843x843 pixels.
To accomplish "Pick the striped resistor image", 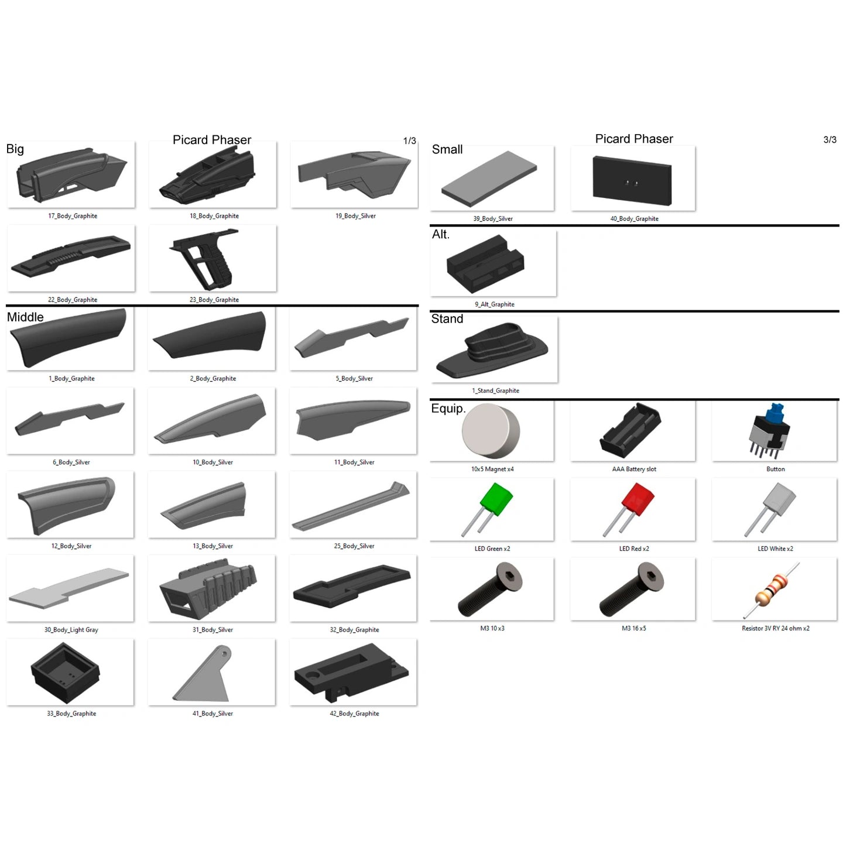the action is (771, 590).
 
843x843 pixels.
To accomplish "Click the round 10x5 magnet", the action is (491, 430).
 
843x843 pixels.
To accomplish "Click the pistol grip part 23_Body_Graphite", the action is (205, 259).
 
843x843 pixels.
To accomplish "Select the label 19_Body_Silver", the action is (355, 215).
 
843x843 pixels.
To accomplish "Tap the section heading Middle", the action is (25, 317).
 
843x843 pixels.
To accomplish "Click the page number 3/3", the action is (830, 139).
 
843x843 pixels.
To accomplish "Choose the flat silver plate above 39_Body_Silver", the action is (489, 179).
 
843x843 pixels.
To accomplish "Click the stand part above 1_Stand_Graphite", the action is (492, 350).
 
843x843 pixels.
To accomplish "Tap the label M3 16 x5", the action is (633, 628).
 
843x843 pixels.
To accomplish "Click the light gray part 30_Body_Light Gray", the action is (69, 589).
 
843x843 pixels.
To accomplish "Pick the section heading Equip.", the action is (448, 408).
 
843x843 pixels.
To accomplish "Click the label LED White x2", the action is (775, 549).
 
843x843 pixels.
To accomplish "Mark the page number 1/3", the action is (409, 141).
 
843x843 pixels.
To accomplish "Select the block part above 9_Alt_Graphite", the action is (485, 264).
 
